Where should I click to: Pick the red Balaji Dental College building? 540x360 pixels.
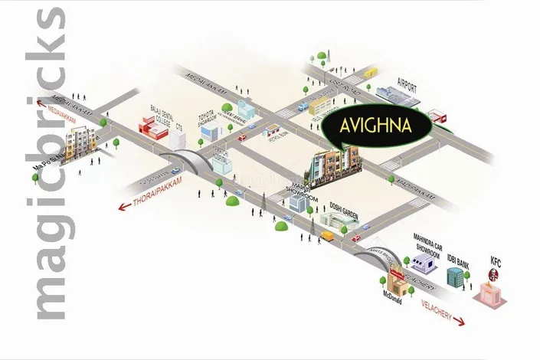(151, 127)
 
